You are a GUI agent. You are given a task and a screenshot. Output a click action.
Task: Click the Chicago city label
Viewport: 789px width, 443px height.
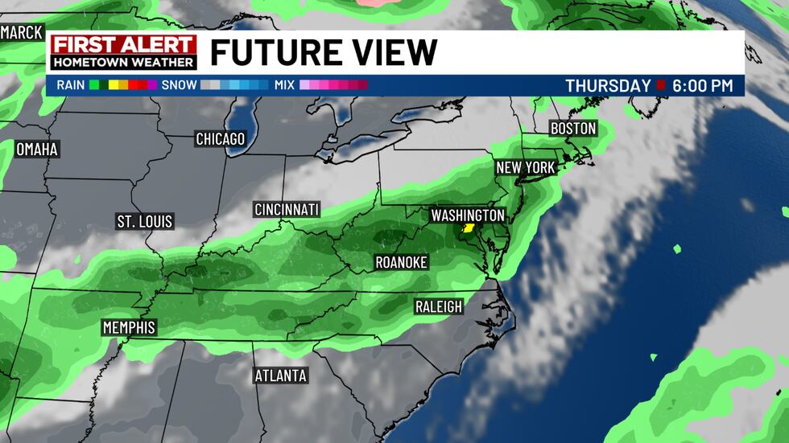pyautogui.click(x=220, y=139)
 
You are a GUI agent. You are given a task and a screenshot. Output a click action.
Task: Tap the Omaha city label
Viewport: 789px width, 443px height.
pyautogui.click(x=38, y=150)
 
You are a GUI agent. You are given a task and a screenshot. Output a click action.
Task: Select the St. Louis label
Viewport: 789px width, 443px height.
pyautogui.click(x=145, y=221)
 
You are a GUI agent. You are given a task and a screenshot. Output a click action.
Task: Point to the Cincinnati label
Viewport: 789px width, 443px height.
pyautogui.click(x=287, y=210)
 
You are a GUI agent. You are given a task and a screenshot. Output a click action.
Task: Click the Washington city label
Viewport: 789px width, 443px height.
pyautogui.click(x=468, y=215)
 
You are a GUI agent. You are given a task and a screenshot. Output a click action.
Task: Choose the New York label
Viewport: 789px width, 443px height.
pyautogui.click(x=526, y=168)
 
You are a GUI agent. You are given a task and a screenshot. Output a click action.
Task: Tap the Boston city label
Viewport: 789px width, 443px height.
pyautogui.click(x=573, y=129)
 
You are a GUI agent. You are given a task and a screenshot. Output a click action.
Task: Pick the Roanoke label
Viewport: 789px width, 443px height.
pyautogui.click(x=401, y=262)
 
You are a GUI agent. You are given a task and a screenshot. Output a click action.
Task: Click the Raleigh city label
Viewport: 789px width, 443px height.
pyautogui.click(x=439, y=306)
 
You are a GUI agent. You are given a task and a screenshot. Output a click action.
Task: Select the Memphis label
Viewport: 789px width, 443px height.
pyautogui.click(x=129, y=327)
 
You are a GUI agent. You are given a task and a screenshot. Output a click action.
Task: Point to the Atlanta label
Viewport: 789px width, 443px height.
pyautogui.click(x=280, y=375)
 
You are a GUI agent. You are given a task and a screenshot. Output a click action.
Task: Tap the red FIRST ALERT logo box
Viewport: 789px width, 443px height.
pyautogui.click(x=123, y=45)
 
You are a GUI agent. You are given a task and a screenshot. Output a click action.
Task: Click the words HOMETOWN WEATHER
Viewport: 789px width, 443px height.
pyautogui.click(x=123, y=63)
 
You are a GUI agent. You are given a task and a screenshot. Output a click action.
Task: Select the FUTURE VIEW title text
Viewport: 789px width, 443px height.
pyautogui.click(x=324, y=53)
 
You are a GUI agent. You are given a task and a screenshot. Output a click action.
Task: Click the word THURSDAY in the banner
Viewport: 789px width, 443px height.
pyautogui.click(x=608, y=85)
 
